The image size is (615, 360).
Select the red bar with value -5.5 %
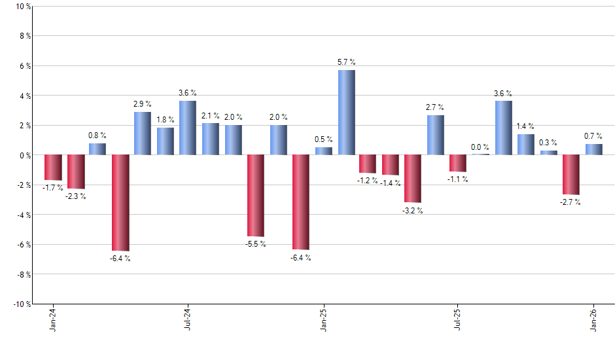pos(256,196)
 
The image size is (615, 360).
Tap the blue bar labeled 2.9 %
pos(143,134)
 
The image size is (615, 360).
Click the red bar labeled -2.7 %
pos(571,175)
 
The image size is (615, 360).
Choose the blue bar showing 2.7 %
pos(436,135)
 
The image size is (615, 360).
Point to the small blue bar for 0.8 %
pos(97,149)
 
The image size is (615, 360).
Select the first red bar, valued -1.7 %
pos(53,168)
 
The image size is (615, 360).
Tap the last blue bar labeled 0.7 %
pos(593,150)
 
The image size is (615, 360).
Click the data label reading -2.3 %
pos(75,196)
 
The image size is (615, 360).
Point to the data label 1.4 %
pos(525,126)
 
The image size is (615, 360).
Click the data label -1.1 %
pos(458,179)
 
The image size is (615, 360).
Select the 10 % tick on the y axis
pos(22,7)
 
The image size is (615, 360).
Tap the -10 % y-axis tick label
pos(21,304)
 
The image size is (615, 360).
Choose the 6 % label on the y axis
pos(24,66)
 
